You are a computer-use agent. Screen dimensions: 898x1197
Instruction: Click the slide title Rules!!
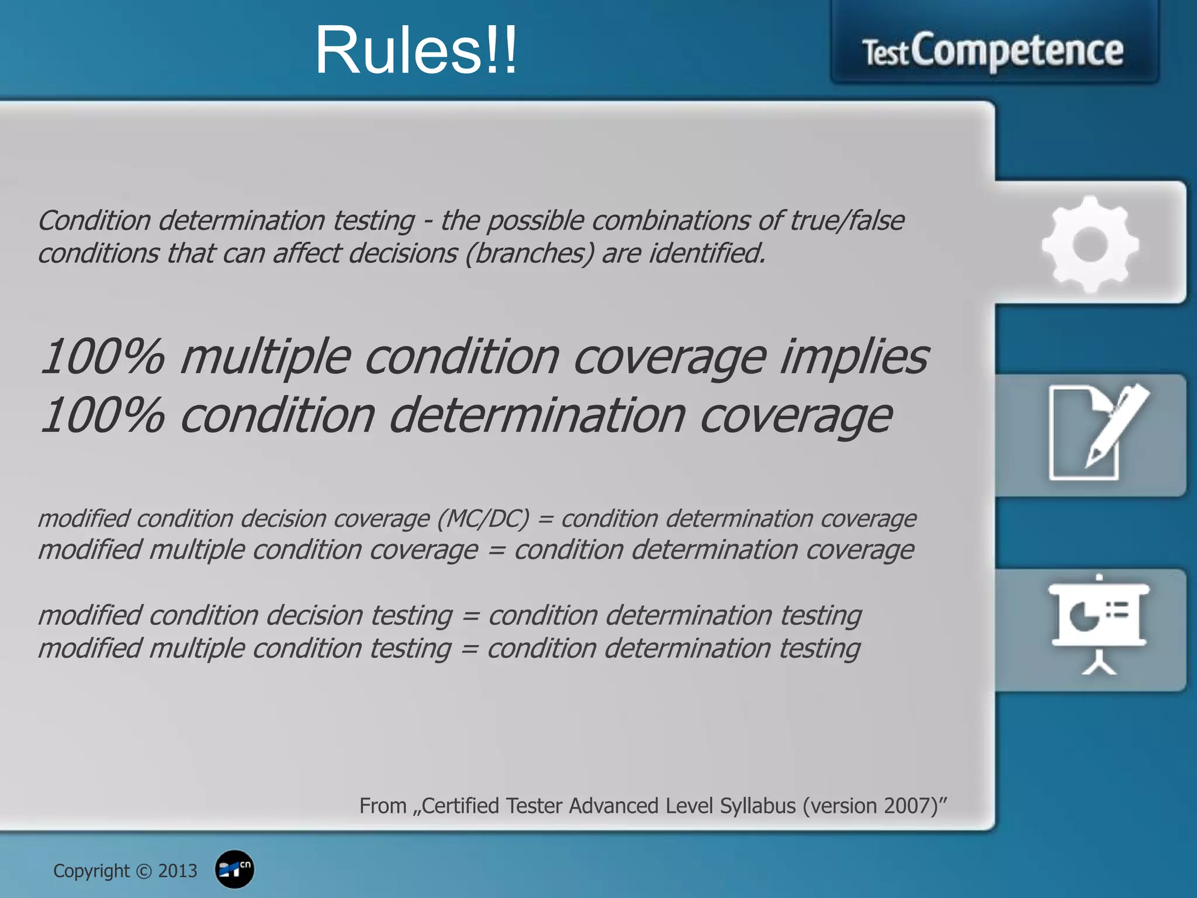point(416,51)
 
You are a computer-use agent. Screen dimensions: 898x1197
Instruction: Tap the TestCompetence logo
point(993,51)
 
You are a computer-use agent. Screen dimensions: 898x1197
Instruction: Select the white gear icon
point(1090,244)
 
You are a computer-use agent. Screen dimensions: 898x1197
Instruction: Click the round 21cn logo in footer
point(234,869)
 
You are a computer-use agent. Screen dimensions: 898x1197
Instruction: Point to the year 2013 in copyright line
point(178,871)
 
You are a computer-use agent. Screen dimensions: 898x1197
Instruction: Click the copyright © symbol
point(144,872)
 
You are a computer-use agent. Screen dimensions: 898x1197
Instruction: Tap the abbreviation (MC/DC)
point(483,519)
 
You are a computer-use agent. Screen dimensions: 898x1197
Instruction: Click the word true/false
point(847,221)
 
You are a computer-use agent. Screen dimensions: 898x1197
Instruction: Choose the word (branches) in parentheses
point(530,254)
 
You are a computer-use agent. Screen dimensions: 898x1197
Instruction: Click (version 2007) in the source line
point(874,806)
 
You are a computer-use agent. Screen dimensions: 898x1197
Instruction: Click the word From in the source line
point(383,806)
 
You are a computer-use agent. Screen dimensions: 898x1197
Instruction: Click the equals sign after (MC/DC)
point(545,519)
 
